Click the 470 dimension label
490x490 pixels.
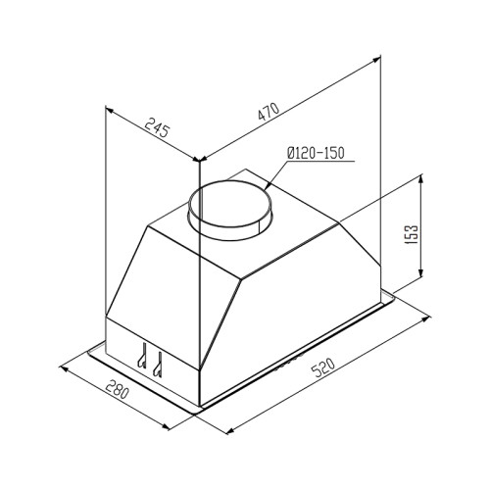coord(269,112)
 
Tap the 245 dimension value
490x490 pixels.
coord(158,127)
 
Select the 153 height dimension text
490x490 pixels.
coord(413,234)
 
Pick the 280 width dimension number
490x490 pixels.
coord(118,389)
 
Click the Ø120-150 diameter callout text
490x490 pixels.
coord(316,153)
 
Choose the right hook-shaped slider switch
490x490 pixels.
coord(158,364)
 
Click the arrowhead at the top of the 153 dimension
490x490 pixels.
coord(420,178)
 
